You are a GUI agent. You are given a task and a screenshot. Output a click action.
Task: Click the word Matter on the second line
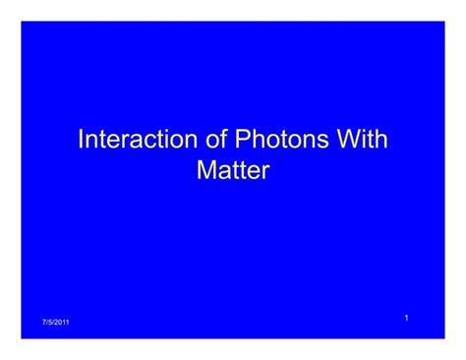[x=233, y=171]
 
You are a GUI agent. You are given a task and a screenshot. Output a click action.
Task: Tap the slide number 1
[x=406, y=317]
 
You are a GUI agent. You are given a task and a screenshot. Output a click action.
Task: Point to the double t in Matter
[x=237, y=171]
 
